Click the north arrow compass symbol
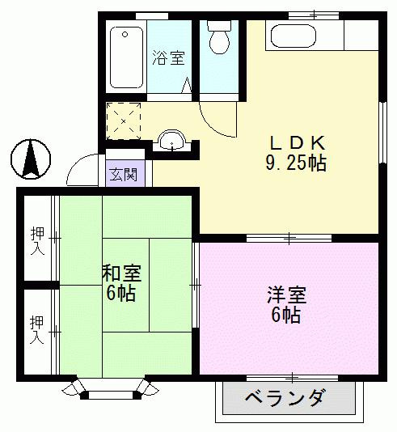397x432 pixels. pos(31,159)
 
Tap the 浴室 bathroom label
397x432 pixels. pos(168,57)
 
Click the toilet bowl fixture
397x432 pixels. pos(219,38)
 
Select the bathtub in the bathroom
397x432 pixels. pos(126,57)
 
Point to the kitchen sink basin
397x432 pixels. pos(294,36)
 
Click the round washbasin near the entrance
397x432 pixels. pos(172,140)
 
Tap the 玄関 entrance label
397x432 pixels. pos(124,174)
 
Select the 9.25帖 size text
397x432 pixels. pos(296,163)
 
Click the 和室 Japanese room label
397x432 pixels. pos(121,273)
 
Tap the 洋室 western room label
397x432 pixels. pos(286,295)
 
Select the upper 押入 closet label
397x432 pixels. pos(37,240)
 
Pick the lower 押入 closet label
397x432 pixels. pos(37,330)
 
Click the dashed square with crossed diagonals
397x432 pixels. pos(124,121)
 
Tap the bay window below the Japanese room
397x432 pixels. pos(111,390)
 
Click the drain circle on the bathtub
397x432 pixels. pos(125,35)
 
